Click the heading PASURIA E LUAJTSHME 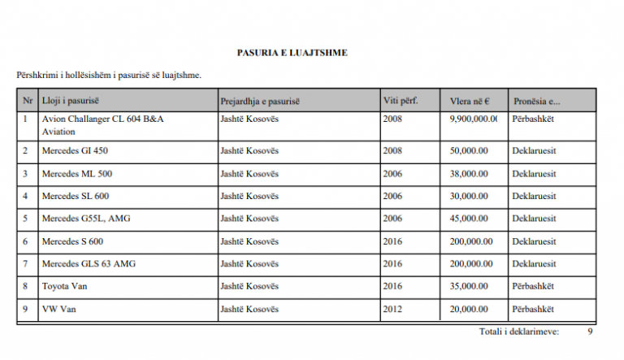click(292, 53)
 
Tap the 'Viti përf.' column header click(400, 101)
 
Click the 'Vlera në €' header click(469, 102)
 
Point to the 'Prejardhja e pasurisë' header click(260, 101)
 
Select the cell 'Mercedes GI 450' click(75, 150)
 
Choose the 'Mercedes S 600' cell click(72, 241)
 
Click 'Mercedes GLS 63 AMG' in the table click(89, 264)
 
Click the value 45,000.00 click(469, 219)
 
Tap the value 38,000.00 click(469, 173)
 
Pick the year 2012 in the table click(392, 310)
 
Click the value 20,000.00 click(469, 310)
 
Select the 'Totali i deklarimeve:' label click(519, 332)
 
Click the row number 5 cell click(25, 219)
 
